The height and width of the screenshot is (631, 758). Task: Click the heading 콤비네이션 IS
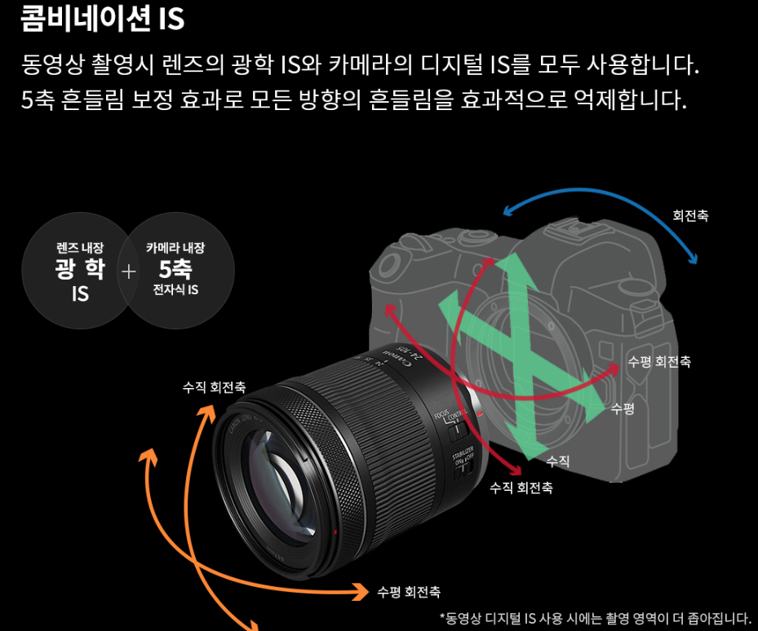[x=102, y=19]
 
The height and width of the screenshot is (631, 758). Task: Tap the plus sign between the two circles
[x=128, y=271]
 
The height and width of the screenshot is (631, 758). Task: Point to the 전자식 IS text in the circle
[x=175, y=290]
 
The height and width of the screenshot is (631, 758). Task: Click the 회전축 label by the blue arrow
[x=689, y=216]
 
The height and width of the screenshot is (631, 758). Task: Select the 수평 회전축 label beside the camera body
[x=658, y=361]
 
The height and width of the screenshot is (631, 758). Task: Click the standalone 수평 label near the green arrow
[x=622, y=408]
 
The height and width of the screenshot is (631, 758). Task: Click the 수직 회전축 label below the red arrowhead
[x=521, y=488]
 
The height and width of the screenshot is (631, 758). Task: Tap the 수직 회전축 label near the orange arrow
[x=214, y=386]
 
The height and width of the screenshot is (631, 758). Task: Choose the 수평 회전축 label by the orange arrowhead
[x=409, y=591]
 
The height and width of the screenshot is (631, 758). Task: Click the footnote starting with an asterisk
[x=595, y=617]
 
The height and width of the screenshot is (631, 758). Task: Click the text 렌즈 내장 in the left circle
[x=79, y=248]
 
